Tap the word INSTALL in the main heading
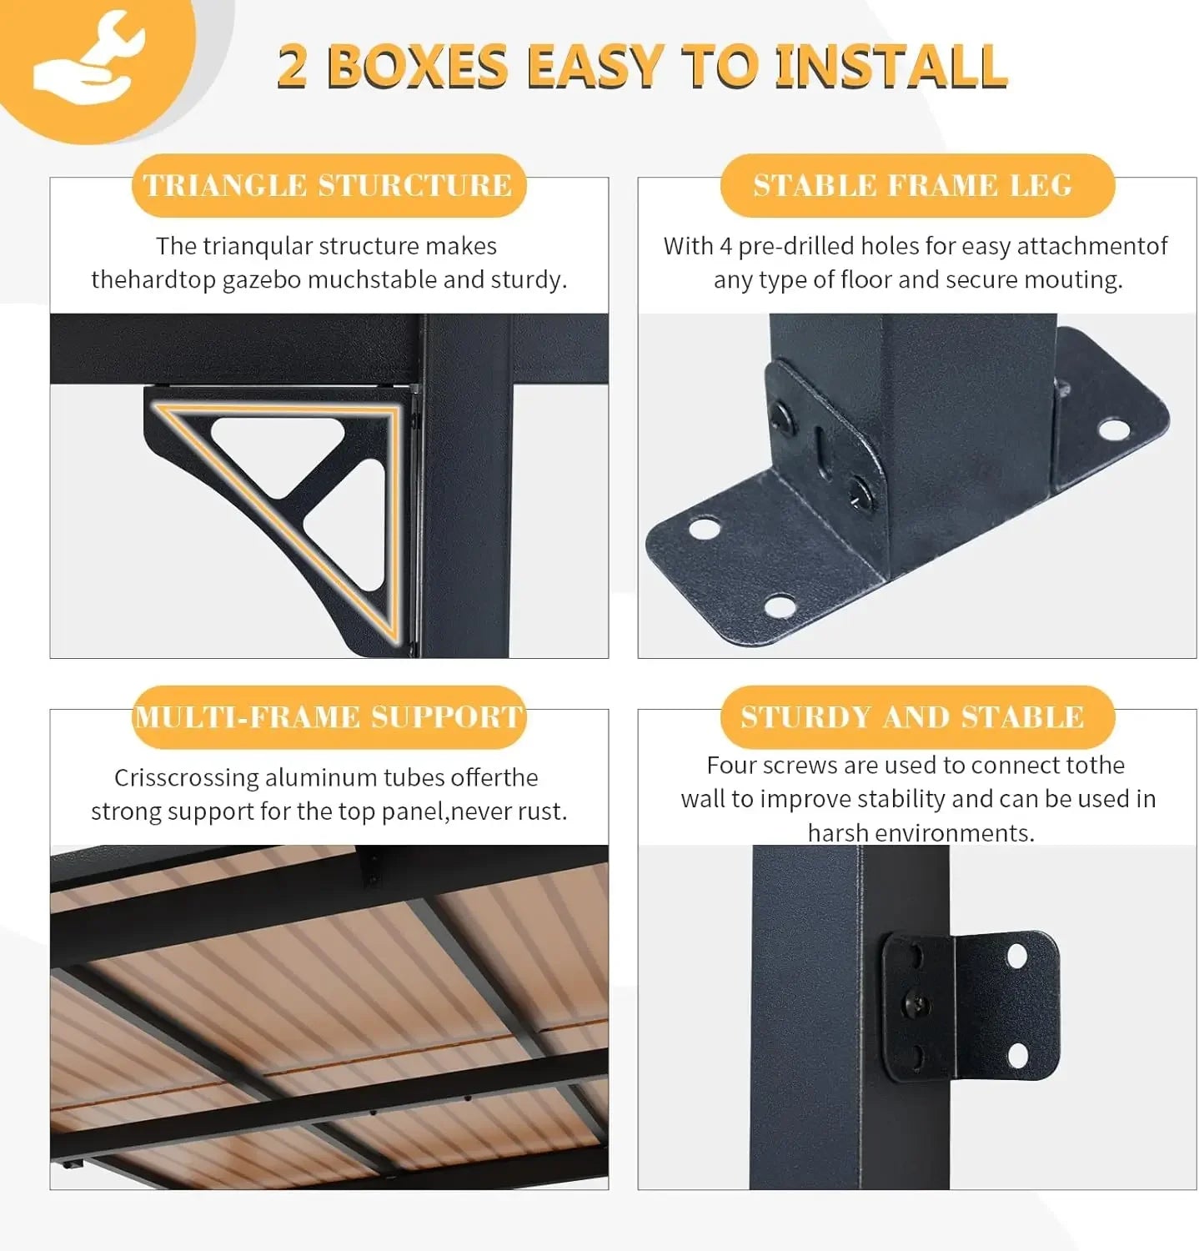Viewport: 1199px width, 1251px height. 890,66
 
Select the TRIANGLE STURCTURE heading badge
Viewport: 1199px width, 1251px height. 329,185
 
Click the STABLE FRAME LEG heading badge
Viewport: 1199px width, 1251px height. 917,185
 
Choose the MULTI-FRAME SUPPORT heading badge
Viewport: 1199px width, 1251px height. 329,716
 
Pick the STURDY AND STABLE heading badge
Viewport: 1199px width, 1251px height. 917,716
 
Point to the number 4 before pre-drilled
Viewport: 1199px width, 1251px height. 726,246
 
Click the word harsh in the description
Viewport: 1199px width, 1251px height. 838,832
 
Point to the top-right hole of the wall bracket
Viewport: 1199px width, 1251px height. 1017,957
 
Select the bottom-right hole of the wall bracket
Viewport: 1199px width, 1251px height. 1018,1056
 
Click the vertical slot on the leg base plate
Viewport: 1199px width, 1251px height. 820,447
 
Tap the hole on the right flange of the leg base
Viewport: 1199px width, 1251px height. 1113,430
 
